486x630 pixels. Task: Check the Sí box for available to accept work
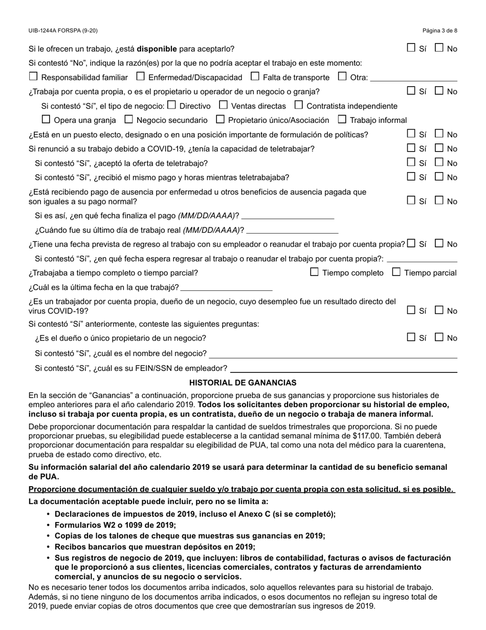tap(411, 48)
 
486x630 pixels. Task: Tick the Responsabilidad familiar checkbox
tap(34, 77)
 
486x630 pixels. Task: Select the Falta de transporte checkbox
tap(255, 77)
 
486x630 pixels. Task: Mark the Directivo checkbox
tap(172, 106)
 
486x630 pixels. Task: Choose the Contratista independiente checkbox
tap(299, 106)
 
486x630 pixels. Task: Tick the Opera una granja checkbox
tap(46, 120)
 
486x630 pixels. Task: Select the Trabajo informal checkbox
tap(342, 120)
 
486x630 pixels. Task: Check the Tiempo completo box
tap(315, 272)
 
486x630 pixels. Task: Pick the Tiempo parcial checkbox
tap(396, 272)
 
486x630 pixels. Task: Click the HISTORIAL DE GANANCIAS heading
tap(242, 383)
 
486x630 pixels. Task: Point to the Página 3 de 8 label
tap(440, 31)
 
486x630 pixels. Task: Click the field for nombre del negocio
tap(333, 353)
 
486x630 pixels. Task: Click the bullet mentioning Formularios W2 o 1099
tap(115, 525)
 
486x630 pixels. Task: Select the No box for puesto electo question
tap(439, 134)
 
